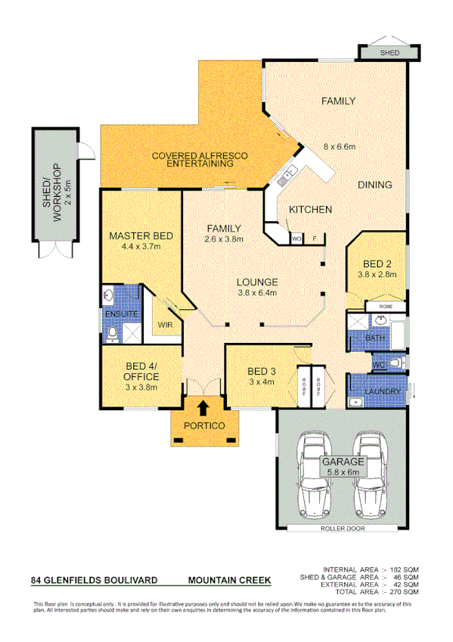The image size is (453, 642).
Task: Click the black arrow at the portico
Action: (x=203, y=408)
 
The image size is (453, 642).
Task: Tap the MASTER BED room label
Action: (x=141, y=236)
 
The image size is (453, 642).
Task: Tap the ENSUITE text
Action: (x=119, y=313)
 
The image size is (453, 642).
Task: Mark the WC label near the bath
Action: (x=378, y=365)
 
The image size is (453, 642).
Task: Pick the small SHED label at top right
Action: (x=389, y=54)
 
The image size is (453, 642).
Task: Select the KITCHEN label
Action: (x=310, y=209)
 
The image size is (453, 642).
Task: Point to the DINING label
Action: (x=374, y=185)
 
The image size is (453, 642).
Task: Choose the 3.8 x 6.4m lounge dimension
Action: (x=257, y=292)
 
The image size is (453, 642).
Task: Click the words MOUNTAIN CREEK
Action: (x=229, y=580)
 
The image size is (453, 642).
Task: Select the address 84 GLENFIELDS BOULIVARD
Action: (x=94, y=580)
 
